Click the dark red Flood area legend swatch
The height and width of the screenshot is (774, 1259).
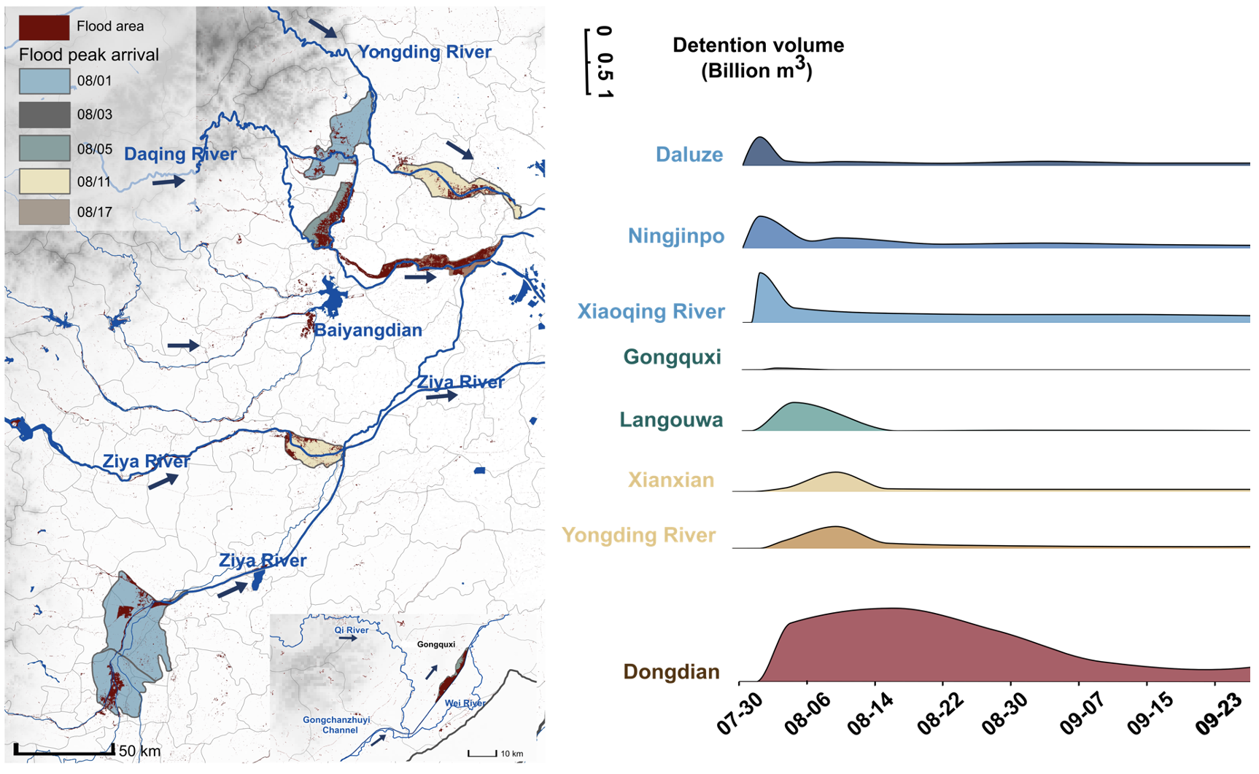44,27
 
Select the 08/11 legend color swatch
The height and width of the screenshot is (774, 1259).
44,181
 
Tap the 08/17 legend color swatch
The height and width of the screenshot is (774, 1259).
44,212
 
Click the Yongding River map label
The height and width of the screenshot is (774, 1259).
425,52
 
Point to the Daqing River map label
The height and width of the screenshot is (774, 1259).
180,155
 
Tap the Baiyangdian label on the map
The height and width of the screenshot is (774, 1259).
368,331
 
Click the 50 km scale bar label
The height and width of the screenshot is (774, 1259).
139,751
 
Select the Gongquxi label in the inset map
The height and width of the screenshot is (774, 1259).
436,644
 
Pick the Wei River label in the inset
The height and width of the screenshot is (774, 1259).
465,703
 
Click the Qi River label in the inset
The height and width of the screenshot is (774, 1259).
352,630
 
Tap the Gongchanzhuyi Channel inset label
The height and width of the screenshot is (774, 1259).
336,724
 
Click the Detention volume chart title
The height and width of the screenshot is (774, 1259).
758,58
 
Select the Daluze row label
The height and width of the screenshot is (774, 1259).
689,155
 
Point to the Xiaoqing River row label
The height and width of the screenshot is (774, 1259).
651,312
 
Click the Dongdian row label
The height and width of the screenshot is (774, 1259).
671,672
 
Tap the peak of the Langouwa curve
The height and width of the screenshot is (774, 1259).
794,403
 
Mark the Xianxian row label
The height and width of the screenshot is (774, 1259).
671,480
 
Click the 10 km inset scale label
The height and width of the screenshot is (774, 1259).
511,754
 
